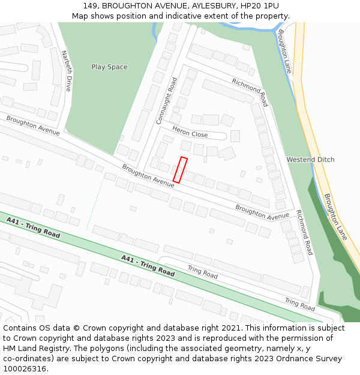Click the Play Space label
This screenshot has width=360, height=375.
point(109,67)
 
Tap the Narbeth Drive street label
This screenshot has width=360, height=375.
point(66,70)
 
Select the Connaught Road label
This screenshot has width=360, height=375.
point(167,100)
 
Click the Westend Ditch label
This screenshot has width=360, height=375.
point(310,160)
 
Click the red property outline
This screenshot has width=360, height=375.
point(180,170)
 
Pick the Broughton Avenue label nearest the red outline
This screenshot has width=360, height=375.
point(148,176)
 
